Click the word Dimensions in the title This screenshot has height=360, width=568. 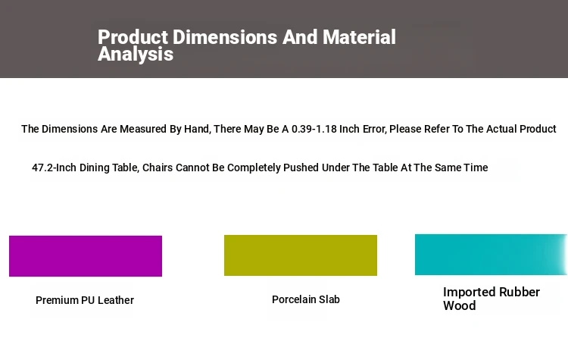(225, 37)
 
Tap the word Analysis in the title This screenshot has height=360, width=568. (136, 54)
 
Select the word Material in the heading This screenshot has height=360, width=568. (359, 37)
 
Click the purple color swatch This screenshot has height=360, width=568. (86, 256)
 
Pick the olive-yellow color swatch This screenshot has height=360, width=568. (301, 255)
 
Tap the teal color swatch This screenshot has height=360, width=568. (492, 255)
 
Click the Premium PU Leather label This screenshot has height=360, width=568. (85, 300)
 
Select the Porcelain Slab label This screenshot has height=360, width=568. (306, 299)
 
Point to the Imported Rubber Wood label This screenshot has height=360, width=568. (492, 299)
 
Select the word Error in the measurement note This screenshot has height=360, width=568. (373, 129)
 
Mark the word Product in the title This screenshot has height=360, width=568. (133, 37)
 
